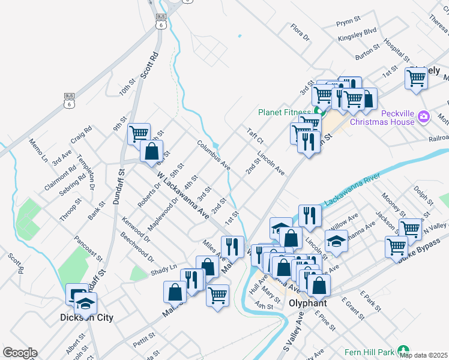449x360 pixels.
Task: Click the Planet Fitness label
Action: point(284,112)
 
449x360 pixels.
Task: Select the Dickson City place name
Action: point(86,317)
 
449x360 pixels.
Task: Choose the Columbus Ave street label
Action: point(214,155)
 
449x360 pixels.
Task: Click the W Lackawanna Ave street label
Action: point(182,195)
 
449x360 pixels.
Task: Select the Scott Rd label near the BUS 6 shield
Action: point(149,65)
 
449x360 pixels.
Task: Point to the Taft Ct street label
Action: point(255,135)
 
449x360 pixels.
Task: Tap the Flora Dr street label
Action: point(299,32)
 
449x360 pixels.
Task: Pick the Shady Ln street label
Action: point(164,268)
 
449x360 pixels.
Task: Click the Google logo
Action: point(20,353)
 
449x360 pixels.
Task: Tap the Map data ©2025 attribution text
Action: point(424,355)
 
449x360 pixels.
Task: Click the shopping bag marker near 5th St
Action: point(151,151)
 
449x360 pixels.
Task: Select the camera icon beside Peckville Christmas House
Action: point(424,115)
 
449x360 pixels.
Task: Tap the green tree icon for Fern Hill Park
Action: point(403,350)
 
